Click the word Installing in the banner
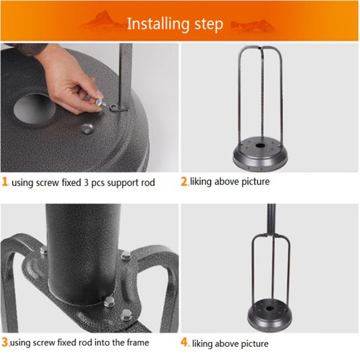(158, 24)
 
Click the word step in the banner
(209, 25)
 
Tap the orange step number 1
(5, 182)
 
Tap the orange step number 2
(184, 181)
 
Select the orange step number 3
(5, 342)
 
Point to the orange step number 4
(185, 342)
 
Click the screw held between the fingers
(100, 103)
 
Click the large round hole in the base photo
(34, 109)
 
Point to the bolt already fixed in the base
(87, 128)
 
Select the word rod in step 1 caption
(148, 183)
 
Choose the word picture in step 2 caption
(256, 182)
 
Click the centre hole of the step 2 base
(260, 146)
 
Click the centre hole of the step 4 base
(270, 308)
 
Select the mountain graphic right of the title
(252, 26)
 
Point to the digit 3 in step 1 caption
(86, 183)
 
